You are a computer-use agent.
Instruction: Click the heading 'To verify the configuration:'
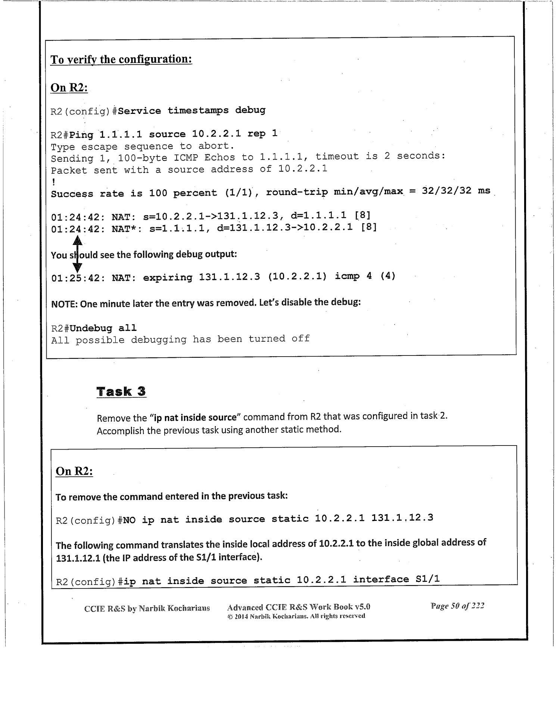click(121, 59)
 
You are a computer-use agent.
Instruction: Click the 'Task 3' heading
click(121, 392)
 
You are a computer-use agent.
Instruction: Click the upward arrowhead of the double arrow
click(77, 240)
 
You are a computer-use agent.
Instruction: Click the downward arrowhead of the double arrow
click(77, 267)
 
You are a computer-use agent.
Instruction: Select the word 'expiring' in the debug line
click(168, 277)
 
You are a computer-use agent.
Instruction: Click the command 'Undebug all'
click(103, 328)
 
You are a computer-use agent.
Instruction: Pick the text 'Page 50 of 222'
click(457, 606)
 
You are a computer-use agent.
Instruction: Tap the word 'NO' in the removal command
click(129, 520)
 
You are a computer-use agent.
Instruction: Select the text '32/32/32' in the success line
click(447, 191)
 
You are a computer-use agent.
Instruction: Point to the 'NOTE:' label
click(64, 304)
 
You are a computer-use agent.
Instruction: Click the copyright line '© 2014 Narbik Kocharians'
click(296, 616)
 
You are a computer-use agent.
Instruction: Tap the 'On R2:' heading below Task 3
click(74, 471)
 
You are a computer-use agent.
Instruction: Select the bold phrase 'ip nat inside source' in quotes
click(195, 417)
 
